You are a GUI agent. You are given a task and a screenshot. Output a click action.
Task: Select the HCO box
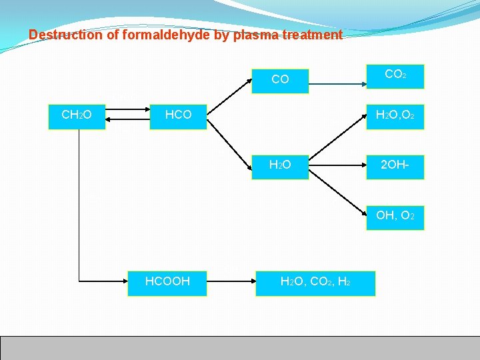coord(178,115)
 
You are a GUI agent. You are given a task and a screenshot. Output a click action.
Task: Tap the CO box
coord(280,80)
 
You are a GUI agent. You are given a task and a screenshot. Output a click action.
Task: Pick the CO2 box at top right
coord(395,75)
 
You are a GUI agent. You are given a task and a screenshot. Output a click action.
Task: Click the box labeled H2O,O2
coord(395,115)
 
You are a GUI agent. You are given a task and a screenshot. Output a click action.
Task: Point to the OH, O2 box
coord(395,216)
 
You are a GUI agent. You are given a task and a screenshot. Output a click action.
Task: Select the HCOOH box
coord(167,282)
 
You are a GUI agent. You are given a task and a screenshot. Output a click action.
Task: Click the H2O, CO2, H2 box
coord(315,282)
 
